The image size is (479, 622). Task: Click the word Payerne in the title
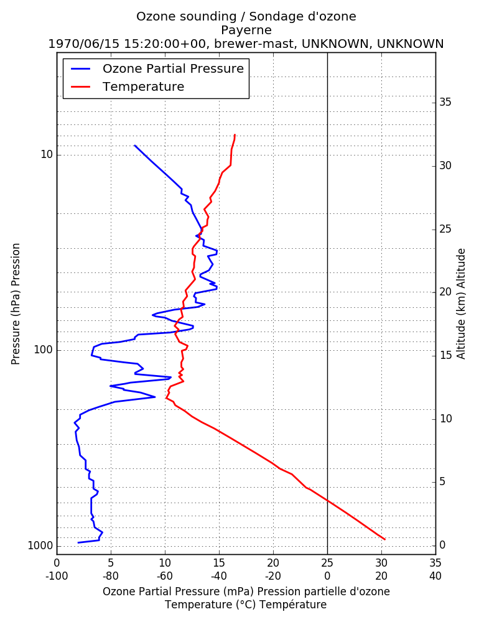(x=246, y=30)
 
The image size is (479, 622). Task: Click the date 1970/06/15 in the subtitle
(x=84, y=44)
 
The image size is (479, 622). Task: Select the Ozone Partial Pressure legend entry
(x=157, y=68)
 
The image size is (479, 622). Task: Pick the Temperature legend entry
(x=128, y=86)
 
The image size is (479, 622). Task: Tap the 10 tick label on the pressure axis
(x=47, y=154)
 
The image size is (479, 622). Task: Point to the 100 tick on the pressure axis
(x=44, y=350)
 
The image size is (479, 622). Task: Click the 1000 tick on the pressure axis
(x=40, y=546)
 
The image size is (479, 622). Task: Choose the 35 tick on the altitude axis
(x=445, y=103)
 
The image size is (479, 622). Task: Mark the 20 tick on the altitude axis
(x=445, y=292)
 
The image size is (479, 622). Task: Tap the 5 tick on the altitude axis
(x=442, y=481)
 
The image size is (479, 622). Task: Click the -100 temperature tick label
(x=57, y=576)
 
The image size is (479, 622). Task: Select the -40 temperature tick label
(x=219, y=576)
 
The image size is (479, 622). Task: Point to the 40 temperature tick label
(x=435, y=576)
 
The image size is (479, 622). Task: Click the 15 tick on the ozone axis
(x=219, y=563)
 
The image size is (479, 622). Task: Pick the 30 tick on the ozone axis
(x=381, y=563)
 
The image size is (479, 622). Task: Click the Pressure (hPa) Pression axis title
(x=16, y=304)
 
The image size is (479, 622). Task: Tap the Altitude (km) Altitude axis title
(x=461, y=304)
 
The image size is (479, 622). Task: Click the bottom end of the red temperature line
(x=385, y=539)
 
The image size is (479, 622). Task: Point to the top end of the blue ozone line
(x=134, y=146)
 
